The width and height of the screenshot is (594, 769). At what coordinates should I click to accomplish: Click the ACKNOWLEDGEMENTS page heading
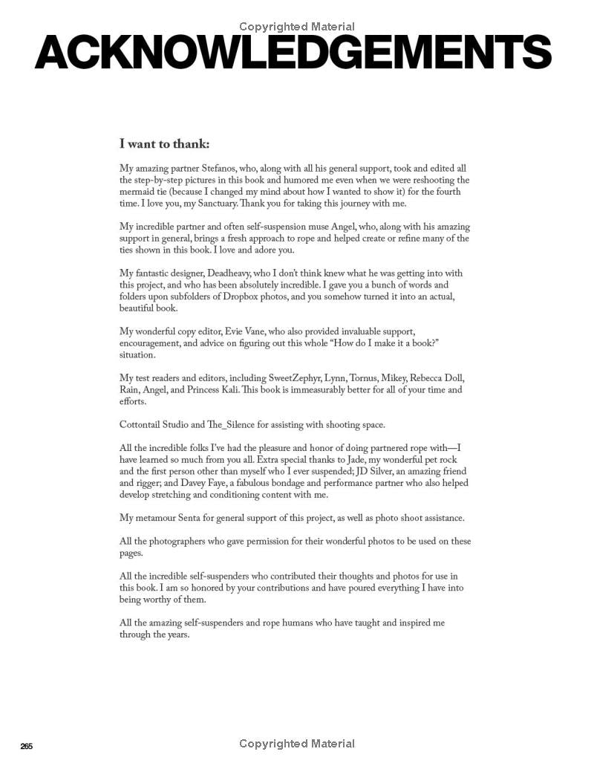pyautogui.click(x=293, y=52)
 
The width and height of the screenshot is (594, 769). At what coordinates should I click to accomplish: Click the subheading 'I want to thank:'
pyautogui.click(x=164, y=144)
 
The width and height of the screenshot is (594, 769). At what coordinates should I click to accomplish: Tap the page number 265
pyautogui.click(x=27, y=746)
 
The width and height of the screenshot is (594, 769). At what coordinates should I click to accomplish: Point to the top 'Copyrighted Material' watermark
pyautogui.click(x=297, y=27)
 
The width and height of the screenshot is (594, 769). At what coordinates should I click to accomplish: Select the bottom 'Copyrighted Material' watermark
pyautogui.click(x=297, y=743)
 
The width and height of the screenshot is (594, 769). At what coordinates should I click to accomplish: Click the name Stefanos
pyautogui.click(x=222, y=169)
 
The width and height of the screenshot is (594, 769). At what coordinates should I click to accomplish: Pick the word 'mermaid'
pyautogui.click(x=138, y=192)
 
